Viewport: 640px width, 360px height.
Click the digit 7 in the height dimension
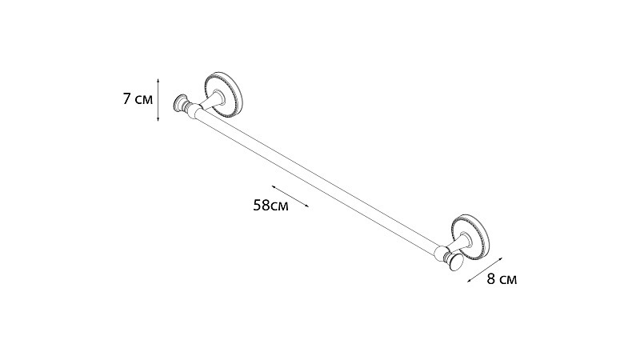point(127,98)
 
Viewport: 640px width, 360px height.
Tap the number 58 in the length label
point(262,206)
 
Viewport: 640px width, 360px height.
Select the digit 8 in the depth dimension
point(491,279)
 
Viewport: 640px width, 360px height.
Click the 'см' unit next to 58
point(279,206)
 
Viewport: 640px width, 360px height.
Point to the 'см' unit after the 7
point(143,100)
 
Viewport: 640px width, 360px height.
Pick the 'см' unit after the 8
point(508,281)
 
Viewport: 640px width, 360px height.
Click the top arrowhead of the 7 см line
point(158,82)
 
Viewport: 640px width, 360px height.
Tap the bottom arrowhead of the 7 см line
point(158,118)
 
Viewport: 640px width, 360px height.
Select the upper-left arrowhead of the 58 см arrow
point(274,186)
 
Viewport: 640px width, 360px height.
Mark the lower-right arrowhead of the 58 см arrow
point(306,206)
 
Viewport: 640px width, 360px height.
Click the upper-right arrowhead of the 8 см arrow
point(500,259)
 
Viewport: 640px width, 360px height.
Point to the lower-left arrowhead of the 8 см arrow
point(470,281)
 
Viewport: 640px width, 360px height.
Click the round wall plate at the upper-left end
point(223,94)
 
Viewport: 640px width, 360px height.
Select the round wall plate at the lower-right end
point(470,236)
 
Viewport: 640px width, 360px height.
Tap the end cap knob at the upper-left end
point(180,103)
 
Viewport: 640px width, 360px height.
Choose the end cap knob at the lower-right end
point(456,262)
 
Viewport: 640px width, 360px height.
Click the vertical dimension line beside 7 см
point(158,100)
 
